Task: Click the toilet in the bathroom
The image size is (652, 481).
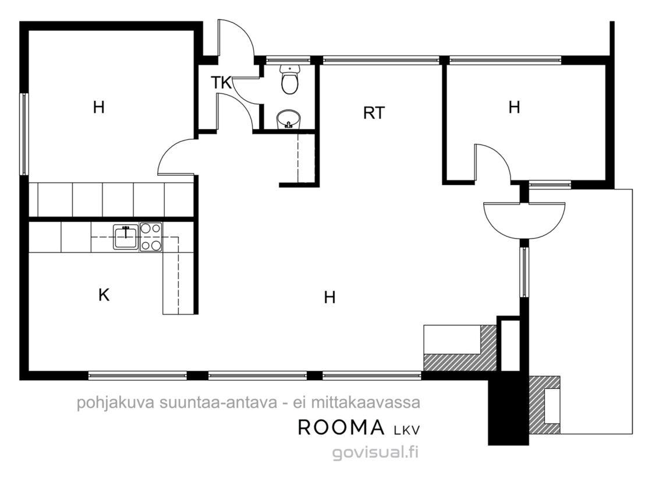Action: point(289,79)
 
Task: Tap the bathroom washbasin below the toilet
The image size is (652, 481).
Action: point(288,119)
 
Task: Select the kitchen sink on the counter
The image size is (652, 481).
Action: point(126,237)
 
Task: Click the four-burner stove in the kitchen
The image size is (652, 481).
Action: point(151,237)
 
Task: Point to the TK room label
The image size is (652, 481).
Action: point(221,83)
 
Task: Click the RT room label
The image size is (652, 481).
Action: point(374,113)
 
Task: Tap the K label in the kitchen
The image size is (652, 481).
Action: point(104,295)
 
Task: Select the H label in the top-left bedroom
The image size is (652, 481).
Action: point(98,107)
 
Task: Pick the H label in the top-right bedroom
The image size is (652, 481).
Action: point(515,107)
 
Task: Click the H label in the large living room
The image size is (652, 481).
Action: point(329,297)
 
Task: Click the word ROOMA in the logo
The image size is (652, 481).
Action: point(341,427)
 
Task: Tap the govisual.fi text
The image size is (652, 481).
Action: point(375,452)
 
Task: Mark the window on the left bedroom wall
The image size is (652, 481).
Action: point(24,134)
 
